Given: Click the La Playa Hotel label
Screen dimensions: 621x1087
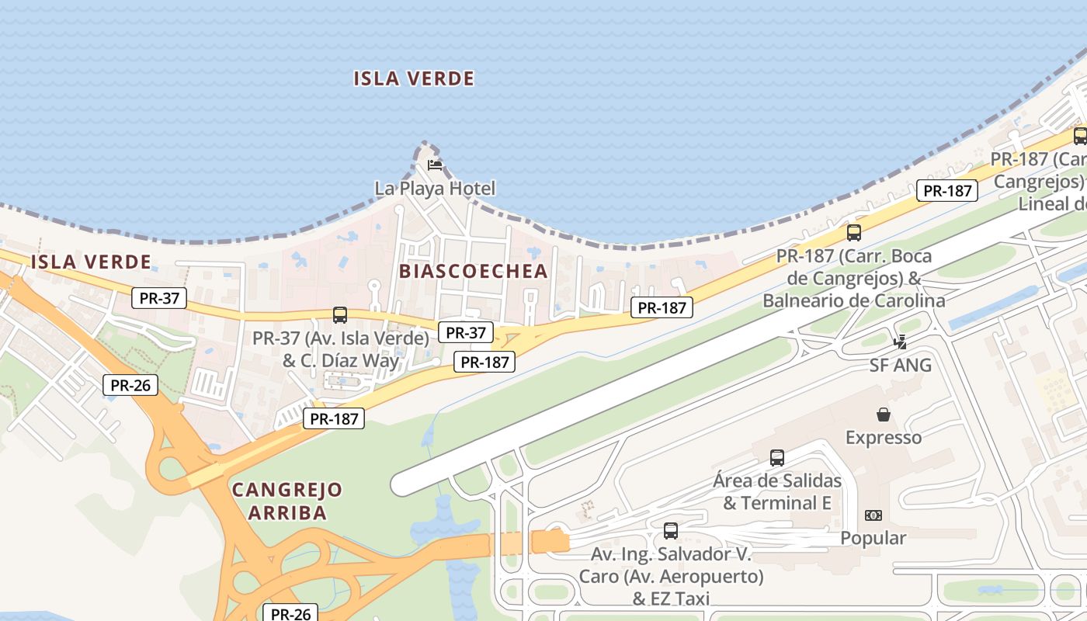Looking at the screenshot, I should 435,188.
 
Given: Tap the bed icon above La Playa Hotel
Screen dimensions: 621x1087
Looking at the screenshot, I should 435,165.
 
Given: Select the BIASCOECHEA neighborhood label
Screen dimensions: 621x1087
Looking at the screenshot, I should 474,271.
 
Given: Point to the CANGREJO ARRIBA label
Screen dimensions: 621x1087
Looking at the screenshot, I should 287,501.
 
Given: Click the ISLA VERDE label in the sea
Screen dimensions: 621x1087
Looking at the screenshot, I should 414,78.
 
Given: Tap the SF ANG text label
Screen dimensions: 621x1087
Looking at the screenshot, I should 901,365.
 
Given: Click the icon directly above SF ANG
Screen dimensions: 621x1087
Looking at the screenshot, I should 901,342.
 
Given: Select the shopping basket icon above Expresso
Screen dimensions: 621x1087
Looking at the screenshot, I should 884,415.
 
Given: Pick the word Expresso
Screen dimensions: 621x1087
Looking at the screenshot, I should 884,438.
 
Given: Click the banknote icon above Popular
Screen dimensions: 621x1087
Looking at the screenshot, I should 873,515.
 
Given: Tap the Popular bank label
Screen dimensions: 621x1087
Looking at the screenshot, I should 873,538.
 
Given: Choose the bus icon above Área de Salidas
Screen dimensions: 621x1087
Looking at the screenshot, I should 777,458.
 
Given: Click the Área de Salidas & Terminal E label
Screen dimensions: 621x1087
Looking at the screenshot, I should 777,491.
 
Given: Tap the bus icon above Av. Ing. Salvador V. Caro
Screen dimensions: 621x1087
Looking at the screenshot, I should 671,531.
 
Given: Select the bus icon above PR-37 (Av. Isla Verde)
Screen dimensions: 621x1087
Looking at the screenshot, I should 340,315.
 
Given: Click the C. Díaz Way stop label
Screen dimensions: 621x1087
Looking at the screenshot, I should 341,360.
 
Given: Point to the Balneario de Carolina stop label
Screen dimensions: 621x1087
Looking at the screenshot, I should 854,300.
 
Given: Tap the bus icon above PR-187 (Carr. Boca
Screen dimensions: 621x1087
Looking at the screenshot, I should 854,232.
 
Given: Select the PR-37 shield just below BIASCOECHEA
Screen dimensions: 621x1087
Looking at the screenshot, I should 466,333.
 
